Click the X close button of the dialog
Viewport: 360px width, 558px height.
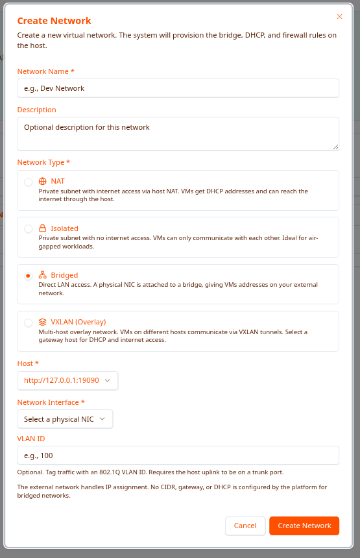[339, 17]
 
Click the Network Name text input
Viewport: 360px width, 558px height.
[178, 88]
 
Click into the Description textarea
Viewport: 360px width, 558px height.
[178, 133]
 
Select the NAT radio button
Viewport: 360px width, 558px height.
[29, 182]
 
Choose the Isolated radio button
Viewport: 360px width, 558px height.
[29, 229]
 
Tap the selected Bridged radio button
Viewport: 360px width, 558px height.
[29, 276]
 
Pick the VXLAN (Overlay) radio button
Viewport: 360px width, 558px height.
[29, 322]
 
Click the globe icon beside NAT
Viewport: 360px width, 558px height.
[43, 182]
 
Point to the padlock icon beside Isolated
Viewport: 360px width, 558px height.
[43, 228]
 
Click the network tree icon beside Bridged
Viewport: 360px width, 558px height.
[43, 275]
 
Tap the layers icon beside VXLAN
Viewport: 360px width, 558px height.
[43, 322]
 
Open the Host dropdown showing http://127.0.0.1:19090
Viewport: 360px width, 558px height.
[67, 380]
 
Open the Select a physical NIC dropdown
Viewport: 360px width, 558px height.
[65, 419]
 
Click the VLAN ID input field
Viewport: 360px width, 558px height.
[178, 455]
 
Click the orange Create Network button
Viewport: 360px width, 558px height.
[304, 526]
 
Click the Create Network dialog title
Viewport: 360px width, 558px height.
[54, 21]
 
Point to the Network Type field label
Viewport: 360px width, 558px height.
[43, 162]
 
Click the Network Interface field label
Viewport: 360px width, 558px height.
[51, 402]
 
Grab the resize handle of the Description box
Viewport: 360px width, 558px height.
[336, 147]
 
